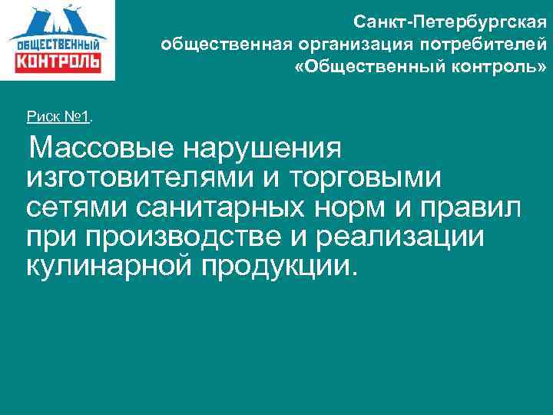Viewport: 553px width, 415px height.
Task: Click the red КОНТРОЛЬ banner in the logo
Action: pos(58,60)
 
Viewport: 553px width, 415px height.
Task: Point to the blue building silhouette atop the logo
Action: pos(58,19)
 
